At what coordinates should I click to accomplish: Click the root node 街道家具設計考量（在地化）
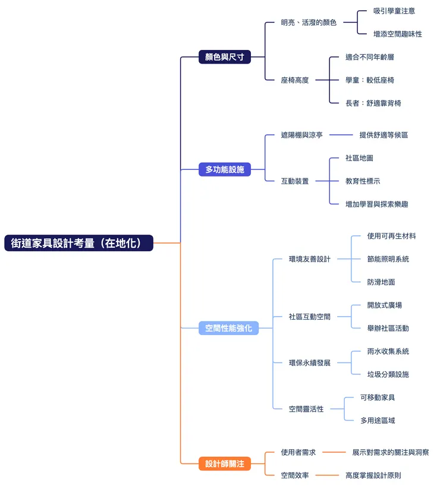(78, 243)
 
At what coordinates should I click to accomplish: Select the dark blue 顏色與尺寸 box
(225, 57)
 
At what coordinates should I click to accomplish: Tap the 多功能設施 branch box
(225, 170)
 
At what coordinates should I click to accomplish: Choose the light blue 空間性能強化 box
(228, 328)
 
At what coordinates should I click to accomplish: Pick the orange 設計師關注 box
(225, 464)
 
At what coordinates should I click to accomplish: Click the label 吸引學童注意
(394, 11)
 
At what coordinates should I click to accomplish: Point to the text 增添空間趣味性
(398, 34)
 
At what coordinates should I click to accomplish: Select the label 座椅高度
(295, 80)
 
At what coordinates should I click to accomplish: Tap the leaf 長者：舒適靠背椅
(373, 103)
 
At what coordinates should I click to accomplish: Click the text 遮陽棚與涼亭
(302, 135)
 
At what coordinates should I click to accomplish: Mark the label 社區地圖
(359, 158)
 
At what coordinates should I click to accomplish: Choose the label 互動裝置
(295, 181)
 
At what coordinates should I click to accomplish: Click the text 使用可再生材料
(391, 236)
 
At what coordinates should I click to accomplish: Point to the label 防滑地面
(381, 282)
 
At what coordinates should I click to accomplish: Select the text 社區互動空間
(310, 317)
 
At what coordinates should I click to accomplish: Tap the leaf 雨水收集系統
(388, 351)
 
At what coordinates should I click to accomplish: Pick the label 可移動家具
(378, 397)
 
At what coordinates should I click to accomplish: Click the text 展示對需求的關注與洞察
(391, 453)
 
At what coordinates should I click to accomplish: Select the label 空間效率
(295, 475)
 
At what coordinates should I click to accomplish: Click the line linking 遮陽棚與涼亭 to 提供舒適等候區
(341, 135)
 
